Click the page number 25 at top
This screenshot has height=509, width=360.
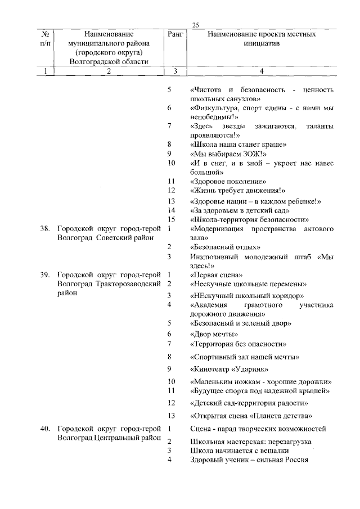pyautogui.click(x=196, y=24)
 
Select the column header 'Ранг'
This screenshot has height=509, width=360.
pyautogui.click(x=175, y=35)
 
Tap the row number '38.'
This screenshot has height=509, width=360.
pyautogui.click(x=47, y=229)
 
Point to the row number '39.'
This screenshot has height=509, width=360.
pyautogui.click(x=47, y=274)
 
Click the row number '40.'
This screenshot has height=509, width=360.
pyautogui.click(x=47, y=429)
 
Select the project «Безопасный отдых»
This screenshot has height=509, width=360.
pyautogui.click(x=225, y=247)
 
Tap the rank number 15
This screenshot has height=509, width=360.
pyautogui.click(x=173, y=219)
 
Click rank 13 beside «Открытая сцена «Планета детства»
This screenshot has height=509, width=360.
pyautogui.click(x=172, y=416)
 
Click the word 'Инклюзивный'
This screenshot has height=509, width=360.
pyautogui.click(x=215, y=256)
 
